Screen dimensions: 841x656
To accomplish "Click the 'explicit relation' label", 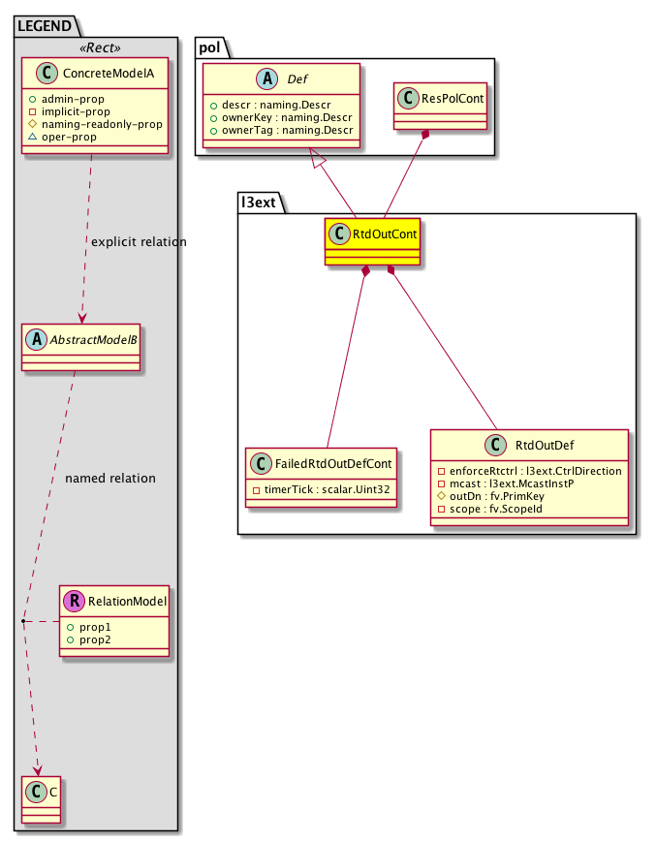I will [138, 241].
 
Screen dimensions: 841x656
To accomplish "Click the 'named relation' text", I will [109, 478].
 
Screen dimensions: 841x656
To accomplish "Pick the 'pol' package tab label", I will [212, 47].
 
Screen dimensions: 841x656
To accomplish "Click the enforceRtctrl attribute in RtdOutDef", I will [530, 469].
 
